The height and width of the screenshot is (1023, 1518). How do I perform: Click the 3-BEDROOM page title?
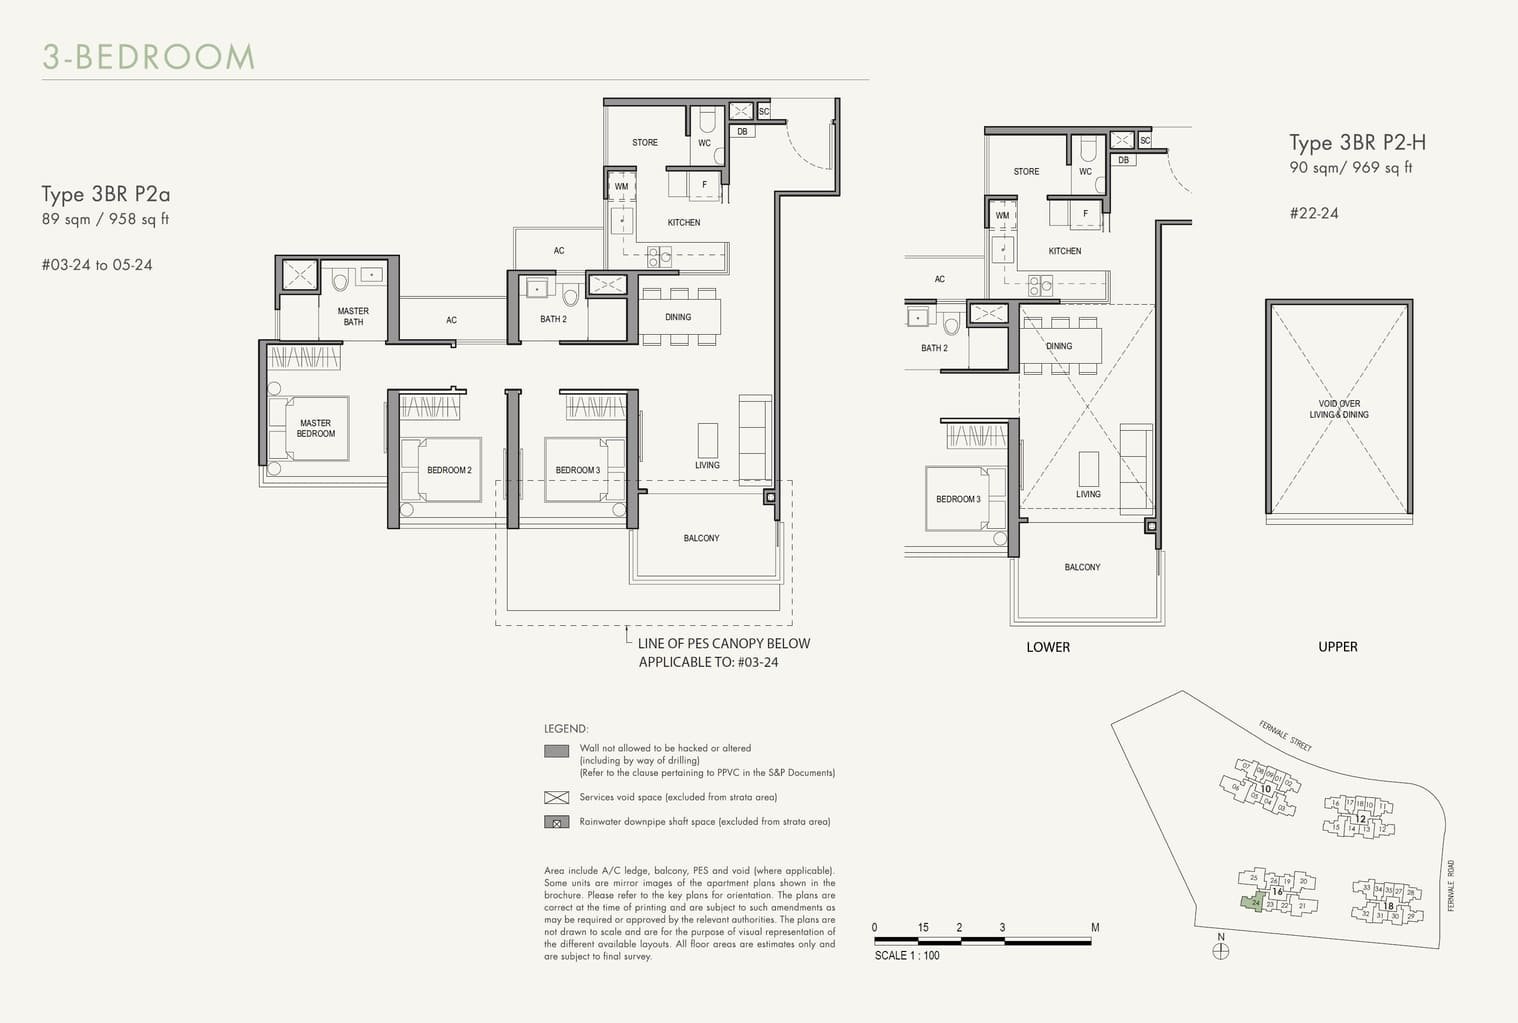[149, 57]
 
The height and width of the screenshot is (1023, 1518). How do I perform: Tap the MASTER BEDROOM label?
[316, 428]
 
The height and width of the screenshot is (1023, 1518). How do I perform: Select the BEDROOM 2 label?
[449, 470]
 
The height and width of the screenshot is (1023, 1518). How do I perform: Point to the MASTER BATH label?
[353, 316]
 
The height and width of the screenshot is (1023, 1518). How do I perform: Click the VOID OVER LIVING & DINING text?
[1338, 409]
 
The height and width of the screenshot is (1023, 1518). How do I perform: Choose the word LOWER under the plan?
[1048, 647]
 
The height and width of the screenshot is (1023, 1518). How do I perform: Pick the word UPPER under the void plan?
[1337, 647]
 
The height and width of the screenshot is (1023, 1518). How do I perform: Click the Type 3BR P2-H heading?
[1356, 142]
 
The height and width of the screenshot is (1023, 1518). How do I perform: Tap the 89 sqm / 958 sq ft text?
[105, 219]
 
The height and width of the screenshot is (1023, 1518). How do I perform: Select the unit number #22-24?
[1313, 213]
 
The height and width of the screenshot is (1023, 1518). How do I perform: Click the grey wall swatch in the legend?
[556, 751]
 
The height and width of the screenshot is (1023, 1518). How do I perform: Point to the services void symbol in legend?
[556, 797]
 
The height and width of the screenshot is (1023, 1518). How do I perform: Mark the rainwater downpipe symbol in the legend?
[556, 822]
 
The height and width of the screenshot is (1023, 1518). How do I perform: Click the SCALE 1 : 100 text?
[907, 955]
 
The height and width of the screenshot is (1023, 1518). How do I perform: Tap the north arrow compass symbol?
[1220, 951]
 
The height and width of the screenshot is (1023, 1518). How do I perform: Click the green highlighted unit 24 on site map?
[1252, 902]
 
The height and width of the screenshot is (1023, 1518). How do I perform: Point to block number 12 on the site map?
[1360, 818]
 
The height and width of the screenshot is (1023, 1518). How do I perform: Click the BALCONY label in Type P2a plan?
[701, 538]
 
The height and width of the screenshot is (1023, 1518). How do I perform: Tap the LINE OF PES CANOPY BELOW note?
[723, 643]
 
